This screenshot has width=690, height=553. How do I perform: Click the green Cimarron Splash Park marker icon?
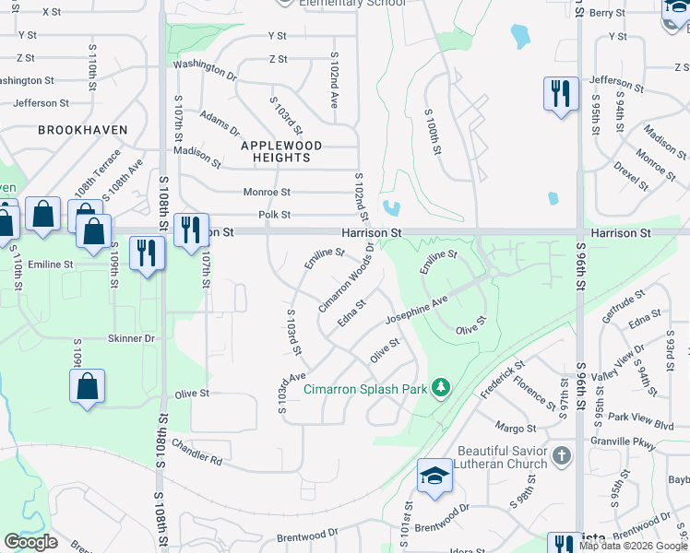coord(441,389)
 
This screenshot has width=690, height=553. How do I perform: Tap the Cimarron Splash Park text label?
coord(365,389)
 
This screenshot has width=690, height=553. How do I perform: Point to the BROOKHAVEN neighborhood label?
coord(83,131)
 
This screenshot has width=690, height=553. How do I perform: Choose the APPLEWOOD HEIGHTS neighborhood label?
coord(281,152)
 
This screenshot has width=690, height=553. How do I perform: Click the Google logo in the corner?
coord(30,542)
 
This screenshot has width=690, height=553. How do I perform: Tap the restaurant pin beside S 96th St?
coord(560,94)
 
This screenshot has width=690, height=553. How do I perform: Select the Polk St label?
coord(275,215)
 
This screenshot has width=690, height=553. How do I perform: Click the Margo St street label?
coord(515,428)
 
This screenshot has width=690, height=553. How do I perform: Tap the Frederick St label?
coord(503,380)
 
